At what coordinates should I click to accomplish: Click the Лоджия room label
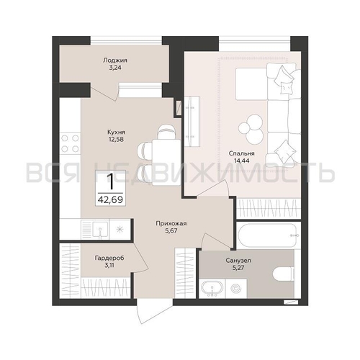click(115, 60)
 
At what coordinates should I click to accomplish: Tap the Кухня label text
click(116, 132)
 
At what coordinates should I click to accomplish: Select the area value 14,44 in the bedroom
click(242, 161)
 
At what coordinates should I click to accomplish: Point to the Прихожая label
click(171, 224)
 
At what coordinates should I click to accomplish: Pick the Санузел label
click(238, 261)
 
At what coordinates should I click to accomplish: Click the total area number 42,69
click(110, 199)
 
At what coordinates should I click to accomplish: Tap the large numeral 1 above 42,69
click(110, 181)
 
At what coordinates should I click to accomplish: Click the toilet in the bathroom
click(284, 274)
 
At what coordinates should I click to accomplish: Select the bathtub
click(267, 235)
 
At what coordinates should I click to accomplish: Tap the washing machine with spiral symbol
click(235, 289)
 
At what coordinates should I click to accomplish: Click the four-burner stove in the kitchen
click(70, 143)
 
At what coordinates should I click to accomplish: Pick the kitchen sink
click(100, 230)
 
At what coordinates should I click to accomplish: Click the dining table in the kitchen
click(166, 163)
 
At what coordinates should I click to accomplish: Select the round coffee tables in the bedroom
click(251, 129)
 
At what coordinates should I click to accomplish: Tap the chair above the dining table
click(166, 132)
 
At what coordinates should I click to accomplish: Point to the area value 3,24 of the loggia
click(115, 68)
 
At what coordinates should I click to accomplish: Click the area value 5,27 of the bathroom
click(238, 267)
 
